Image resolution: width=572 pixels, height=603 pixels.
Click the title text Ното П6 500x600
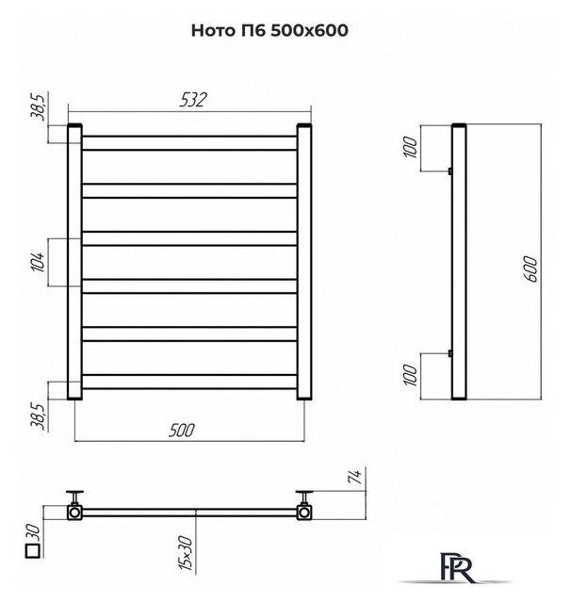270,30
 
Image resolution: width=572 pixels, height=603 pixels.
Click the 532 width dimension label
193,100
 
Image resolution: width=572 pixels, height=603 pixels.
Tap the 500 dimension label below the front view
182,430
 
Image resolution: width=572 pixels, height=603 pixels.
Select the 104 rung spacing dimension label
39,262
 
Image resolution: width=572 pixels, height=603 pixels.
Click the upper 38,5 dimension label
39,106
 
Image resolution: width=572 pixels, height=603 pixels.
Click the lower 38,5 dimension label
39,415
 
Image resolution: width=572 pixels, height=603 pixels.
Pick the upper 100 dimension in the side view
411,147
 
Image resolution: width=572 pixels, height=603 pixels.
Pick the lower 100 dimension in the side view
411,375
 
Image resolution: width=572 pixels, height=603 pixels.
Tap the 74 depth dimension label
356,477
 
